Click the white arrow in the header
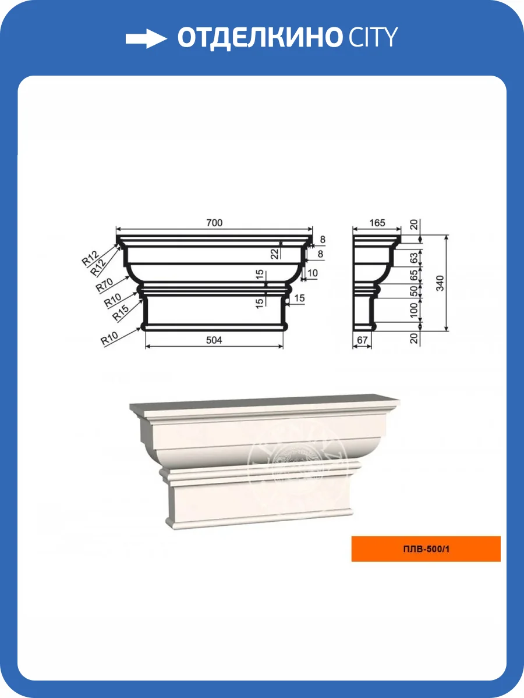pyautogui.click(x=146, y=38)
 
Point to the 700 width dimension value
pyautogui.click(x=214, y=223)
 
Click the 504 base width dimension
pyautogui.click(x=214, y=340)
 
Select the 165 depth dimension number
pyautogui.click(x=377, y=223)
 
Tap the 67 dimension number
pyautogui.click(x=362, y=340)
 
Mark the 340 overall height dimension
pyautogui.click(x=440, y=283)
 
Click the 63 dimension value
pyautogui.click(x=413, y=258)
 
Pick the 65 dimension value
pyautogui.click(x=413, y=275)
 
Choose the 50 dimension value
pyautogui.click(x=413, y=291)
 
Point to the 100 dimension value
pyautogui.click(x=413, y=311)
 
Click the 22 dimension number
pyautogui.click(x=275, y=254)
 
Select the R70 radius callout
pyautogui.click(x=104, y=285)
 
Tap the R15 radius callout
pyautogui.click(x=121, y=313)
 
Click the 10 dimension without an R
pyautogui.click(x=313, y=273)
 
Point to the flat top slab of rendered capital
pyautogui.click(x=265, y=403)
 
